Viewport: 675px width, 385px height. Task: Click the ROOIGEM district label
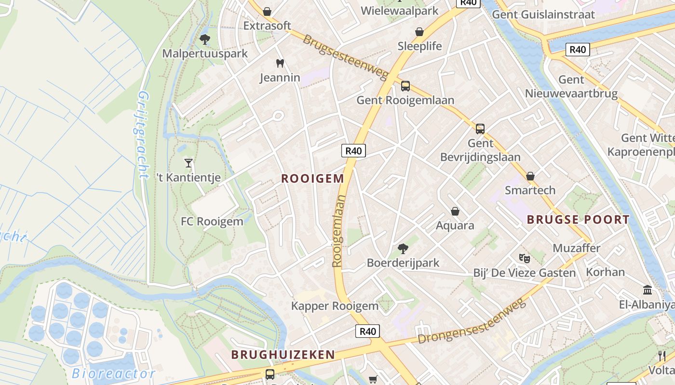312,179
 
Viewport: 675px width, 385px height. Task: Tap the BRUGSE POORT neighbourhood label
578,220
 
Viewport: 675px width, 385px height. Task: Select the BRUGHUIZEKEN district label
283,355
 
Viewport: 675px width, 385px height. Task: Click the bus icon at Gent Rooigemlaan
405,86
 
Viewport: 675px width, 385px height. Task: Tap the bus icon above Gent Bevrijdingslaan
480,129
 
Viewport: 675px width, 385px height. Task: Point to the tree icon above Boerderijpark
403,249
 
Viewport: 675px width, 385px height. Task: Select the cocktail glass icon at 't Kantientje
189,163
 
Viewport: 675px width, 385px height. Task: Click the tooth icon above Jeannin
280,63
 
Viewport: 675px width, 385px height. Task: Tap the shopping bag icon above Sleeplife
419,32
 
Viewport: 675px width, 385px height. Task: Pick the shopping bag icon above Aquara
455,211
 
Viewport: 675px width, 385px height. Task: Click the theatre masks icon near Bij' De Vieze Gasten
524,258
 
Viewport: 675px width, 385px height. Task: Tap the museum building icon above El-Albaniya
648,290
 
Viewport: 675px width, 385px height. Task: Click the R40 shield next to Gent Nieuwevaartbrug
578,49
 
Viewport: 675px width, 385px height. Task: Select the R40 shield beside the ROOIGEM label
353,151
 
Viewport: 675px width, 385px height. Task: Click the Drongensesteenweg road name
471,321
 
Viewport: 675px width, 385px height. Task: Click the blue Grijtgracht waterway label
139,135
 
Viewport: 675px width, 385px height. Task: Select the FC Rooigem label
212,222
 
